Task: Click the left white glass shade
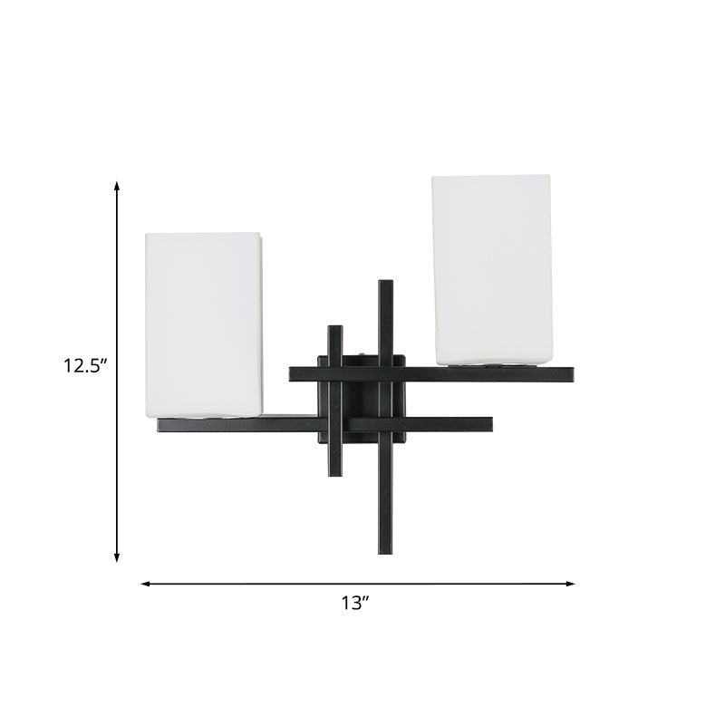(205, 324)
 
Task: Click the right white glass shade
(491, 268)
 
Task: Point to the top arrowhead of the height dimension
(117, 185)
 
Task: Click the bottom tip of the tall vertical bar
(385, 552)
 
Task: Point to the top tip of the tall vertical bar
(385, 283)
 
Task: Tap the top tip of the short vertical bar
(335, 328)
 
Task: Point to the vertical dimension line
(117, 272)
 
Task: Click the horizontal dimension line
(254, 584)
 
